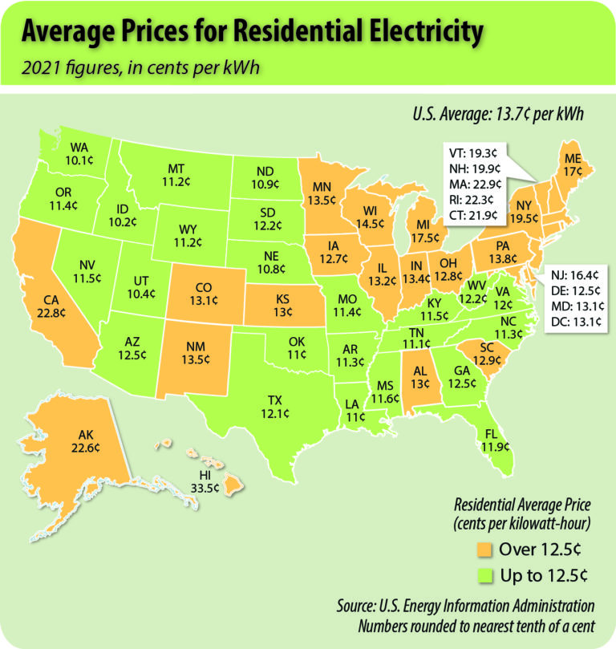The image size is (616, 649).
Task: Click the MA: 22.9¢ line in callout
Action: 473,185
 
